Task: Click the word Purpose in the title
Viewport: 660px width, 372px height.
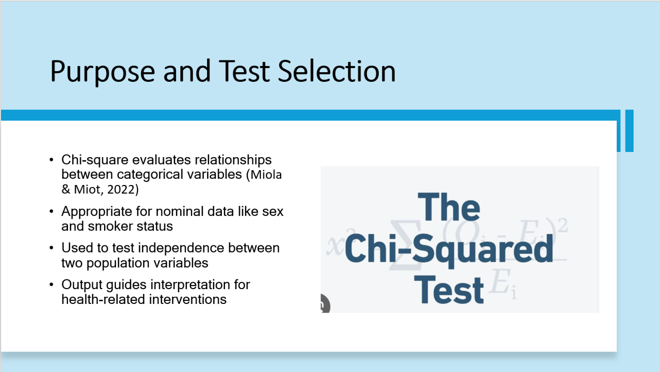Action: pos(103,72)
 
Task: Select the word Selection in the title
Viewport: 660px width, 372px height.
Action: pos(337,71)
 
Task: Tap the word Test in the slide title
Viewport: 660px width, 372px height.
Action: pos(244,71)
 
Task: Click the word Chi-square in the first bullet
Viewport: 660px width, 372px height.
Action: pos(94,160)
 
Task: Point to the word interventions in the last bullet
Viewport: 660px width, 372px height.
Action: pos(188,299)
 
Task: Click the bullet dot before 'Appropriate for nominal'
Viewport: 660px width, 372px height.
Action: pos(52,211)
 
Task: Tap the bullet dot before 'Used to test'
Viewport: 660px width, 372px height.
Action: pos(52,248)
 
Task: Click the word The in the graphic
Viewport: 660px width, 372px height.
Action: pos(449,207)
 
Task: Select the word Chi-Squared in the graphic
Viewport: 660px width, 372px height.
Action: pos(449,249)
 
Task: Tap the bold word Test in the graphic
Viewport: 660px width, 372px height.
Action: pos(449,290)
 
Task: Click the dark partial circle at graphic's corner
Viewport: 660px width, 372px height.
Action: pos(325,303)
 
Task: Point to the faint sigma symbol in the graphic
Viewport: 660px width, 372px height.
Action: pos(405,245)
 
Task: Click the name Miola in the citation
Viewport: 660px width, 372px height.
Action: pos(266,175)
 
